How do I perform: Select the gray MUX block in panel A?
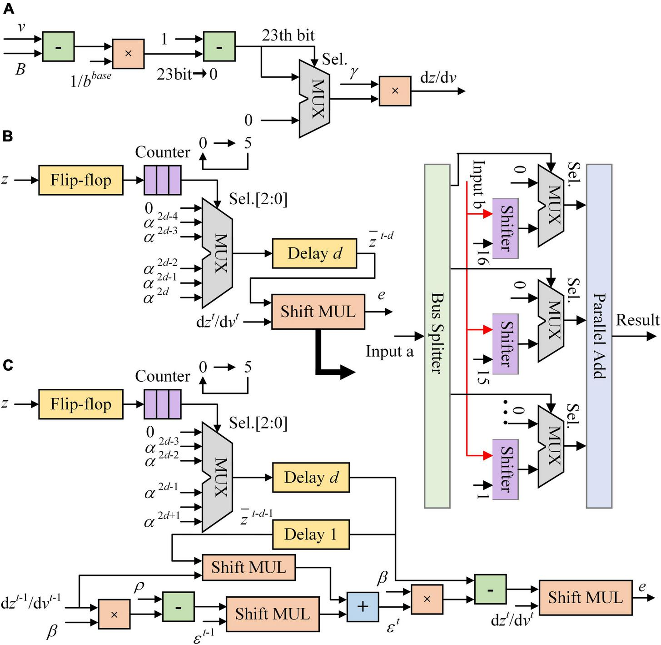pyautogui.click(x=314, y=99)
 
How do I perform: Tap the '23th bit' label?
pyautogui.click(x=288, y=35)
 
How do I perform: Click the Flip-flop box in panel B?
pyautogui.click(x=81, y=180)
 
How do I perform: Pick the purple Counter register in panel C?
pyautogui.click(x=162, y=404)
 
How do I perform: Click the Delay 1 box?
pyautogui.click(x=311, y=534)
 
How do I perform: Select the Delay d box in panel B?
pyautogui.click(x=314, y=253)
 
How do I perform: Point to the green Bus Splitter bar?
pyautogui.click(x=437, y=336)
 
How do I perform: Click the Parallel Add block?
pyautogui.click(x=599, y=336)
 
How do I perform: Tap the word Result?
pyautogui.click(x=637, y=320)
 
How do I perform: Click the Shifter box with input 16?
pyautogui.click(x=505, y=228)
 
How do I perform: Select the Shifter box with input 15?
pyautogui.click(x=505, y=344)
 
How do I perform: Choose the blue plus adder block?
pyautogui.click(x=363, y=607)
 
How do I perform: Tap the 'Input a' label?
pyautogui.click(x=390, y=351)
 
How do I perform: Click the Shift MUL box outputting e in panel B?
pyautogui.click(x=318, y=312)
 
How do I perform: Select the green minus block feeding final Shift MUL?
pyautogui.click(x=490, y=589)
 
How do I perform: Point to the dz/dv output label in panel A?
pyautogui.click(x=438, y=78)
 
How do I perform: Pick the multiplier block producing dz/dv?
pyautogui.click(x=395, y=91)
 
